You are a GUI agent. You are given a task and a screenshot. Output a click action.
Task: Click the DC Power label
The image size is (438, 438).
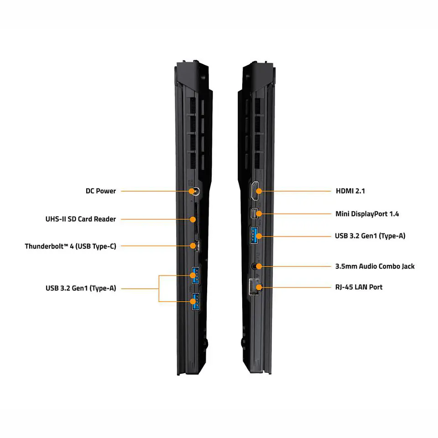coord(100,191)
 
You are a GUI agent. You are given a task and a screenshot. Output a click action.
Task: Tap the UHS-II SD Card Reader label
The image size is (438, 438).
coord(80,219)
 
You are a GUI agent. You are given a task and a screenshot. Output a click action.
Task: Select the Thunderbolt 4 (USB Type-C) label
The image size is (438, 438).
coord(70,246)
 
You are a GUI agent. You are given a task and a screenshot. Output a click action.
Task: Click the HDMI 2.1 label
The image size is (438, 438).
coord(350,191)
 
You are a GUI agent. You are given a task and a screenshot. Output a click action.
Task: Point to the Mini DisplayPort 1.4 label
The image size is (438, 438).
coord(367,214)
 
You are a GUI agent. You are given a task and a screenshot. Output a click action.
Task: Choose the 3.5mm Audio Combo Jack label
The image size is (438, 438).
coord(375,266)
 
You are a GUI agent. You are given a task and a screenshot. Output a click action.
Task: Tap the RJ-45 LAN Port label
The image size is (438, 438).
coord(359,287)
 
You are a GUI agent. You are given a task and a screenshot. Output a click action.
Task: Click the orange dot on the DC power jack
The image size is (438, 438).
coord(192,191)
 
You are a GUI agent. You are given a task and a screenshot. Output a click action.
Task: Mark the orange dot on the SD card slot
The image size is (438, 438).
coord(193,219)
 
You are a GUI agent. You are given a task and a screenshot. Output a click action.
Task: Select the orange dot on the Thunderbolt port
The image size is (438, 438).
coord(193,246)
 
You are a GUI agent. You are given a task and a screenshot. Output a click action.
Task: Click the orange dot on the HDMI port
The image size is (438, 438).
coord(259,191)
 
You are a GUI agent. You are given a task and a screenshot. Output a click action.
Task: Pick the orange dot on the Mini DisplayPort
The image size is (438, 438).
coord(259,214)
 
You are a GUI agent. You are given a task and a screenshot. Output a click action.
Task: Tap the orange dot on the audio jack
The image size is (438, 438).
coord(259,266)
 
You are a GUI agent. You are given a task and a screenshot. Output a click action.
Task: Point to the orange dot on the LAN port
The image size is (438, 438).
coord(259,287)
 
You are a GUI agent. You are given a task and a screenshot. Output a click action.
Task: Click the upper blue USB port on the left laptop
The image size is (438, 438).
coord(196,276)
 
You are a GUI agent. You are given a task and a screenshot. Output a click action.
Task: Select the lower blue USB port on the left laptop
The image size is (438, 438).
coord(196,302)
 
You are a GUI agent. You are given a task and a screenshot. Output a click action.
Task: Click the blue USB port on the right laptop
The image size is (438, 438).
coord(254,235)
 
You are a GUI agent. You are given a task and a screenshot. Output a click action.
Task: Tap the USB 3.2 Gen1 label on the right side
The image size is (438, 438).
coord(370,236)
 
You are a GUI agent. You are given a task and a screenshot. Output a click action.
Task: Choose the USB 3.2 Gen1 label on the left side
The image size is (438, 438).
coord(81,288)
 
